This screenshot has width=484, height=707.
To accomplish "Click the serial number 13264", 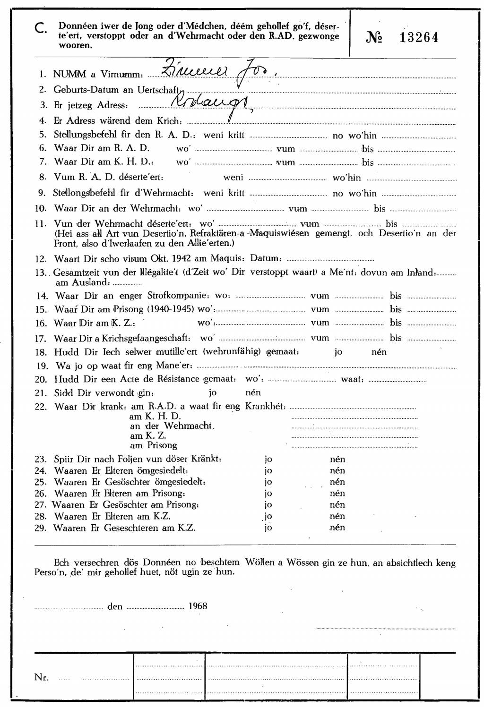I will click(419, 38).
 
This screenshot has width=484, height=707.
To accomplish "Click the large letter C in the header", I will click(41, 29).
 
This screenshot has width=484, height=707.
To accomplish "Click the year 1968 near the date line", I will click(198, 606).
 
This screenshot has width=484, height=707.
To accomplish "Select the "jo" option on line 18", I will click(338, 352).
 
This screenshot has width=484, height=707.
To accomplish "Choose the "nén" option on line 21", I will click(253, 392).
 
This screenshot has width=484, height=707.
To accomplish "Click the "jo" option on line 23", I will click(268, 459).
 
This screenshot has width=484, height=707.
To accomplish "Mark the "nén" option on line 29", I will click(337, 528).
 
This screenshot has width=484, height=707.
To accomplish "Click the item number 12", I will click(41, 259).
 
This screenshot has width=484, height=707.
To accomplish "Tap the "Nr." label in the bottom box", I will click(42, 677).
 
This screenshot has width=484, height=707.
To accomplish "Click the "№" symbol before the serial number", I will click(374, 38).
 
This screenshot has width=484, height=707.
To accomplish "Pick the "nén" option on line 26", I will click(337, 493).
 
